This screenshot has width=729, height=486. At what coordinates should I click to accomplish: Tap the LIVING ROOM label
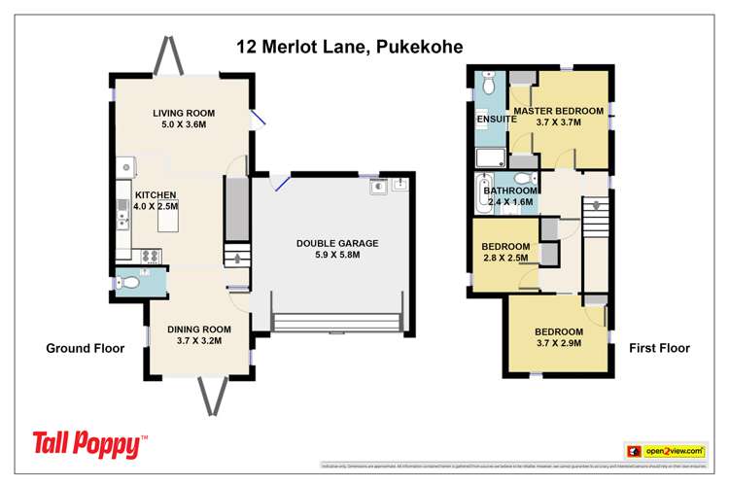click(x=184, y=113)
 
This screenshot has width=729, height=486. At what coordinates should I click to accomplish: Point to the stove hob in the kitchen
click(x=152, y=256)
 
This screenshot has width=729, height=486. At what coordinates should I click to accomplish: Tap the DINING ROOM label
click(x=198, y=329)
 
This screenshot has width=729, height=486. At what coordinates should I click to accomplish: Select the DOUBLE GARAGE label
click(x=337, y=243)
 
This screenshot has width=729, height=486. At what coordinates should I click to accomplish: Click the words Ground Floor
click(x=86, y=348)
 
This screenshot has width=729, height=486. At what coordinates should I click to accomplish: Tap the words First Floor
click(x=658, y=348)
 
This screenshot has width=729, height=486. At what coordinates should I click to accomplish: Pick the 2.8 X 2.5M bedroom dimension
click(x=504, y=259)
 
